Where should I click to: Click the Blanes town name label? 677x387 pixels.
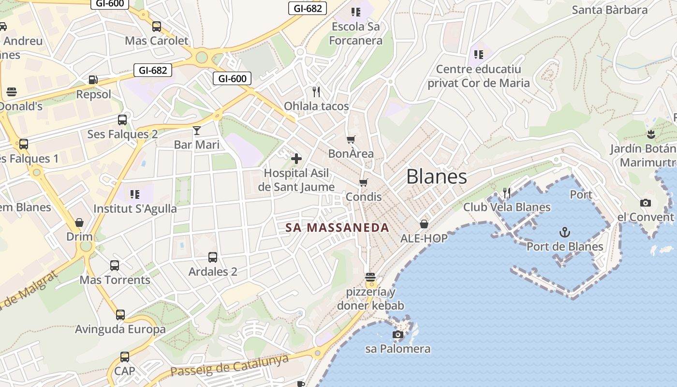pos(437,177)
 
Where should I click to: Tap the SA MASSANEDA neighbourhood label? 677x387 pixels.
pos(337,227)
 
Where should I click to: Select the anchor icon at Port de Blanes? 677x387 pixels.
pos(565,232)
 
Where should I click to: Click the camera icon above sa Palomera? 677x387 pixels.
pos(398,334)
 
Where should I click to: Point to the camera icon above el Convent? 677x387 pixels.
pos(645,203)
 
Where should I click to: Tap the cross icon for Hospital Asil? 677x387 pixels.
pos(296,158)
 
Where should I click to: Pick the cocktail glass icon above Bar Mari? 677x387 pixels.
pos(197,130)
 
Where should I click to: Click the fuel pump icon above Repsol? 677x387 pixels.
pos(93,80)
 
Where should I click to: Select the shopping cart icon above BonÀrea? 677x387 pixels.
pos(351,139)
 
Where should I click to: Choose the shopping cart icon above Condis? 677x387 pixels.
pos(364,182)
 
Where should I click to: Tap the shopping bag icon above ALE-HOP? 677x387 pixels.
pos(424,224)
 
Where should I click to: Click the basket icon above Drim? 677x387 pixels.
pos(79,223)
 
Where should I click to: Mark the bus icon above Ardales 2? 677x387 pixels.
pos(213,257)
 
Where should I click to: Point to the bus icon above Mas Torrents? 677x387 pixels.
pos(115,266)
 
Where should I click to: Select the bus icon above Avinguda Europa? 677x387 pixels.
pos(120,315)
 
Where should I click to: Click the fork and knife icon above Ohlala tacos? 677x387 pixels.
pos(316,91)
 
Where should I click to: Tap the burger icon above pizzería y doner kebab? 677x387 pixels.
pos(370,278)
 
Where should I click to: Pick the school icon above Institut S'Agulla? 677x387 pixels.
pos(135,194)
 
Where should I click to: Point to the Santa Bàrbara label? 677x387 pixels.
pos(609,10)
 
